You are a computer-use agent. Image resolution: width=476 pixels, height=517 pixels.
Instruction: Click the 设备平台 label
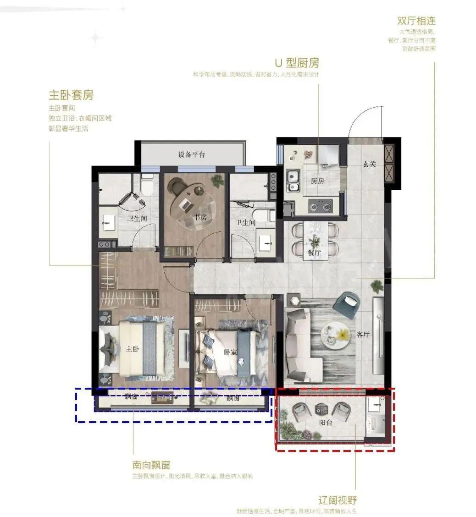192,154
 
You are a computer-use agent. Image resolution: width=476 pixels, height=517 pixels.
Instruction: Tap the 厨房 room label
317,181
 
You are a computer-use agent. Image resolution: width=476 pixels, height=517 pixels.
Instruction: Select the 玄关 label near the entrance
370,164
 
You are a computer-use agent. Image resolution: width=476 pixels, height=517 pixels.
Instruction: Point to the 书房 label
200,217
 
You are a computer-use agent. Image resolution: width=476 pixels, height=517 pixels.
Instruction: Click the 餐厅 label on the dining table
314,253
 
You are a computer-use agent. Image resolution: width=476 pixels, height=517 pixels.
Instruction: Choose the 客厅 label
363,335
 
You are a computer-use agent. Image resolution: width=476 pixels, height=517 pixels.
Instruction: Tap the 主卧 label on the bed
133,349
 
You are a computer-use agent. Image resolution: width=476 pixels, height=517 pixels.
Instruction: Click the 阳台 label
326,423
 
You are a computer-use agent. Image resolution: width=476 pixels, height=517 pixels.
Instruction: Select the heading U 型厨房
297,63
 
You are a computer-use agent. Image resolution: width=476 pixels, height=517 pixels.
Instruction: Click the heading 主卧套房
71,95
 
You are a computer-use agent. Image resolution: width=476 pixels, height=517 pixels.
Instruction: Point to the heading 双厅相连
416,21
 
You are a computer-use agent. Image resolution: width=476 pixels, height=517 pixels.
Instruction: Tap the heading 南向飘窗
151,465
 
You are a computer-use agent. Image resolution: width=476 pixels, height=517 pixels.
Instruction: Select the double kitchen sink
292,181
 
